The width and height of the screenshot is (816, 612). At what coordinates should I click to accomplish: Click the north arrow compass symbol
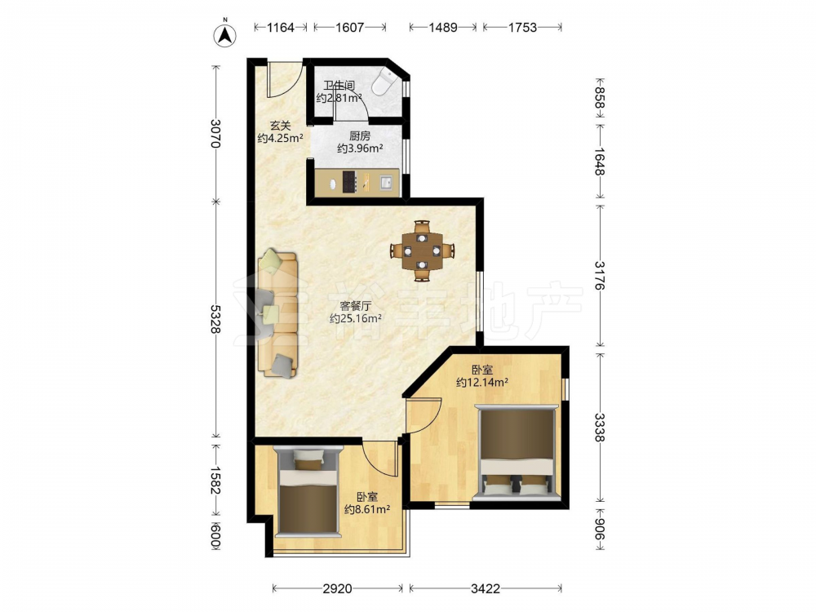click(x=225, y=34)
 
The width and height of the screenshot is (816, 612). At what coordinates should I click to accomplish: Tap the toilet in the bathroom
click(x=384, y=82)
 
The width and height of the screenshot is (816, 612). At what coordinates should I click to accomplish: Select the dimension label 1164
click(x=281, y=27)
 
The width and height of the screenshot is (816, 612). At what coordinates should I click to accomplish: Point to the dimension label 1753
click(x=522, y=27)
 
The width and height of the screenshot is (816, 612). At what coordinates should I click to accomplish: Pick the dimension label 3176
click(x=600, y=275)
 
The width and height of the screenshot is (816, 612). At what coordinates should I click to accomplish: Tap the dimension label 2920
click(x=337, y=588)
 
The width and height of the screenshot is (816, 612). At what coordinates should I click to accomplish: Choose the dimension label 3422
click(x=485, y=588)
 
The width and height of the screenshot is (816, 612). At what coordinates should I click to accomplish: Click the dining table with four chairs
click(x=423, y=251)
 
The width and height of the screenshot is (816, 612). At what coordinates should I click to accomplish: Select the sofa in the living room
click(x=278, y=313)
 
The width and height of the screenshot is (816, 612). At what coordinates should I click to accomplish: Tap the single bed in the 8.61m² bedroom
click(x=307, y=492)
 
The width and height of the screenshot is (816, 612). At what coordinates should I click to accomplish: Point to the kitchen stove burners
click(x=349, y=182)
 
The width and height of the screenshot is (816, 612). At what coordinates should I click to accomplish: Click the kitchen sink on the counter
click(x=387, y=182)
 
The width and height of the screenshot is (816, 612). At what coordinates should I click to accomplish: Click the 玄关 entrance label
click(x=280, y=126)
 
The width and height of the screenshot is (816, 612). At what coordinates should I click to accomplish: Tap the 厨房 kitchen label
click(x=360, y=135)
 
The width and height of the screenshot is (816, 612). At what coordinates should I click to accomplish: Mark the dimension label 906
click(x=600, y=530)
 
